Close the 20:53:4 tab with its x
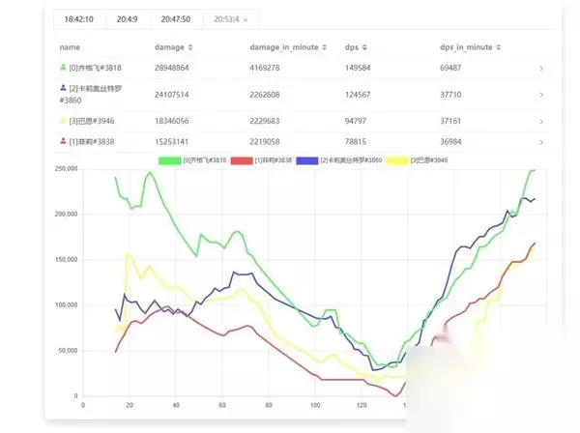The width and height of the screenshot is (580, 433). click(246, 19)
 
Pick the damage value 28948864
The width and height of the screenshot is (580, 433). click(178, 68)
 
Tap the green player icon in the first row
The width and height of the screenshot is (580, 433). click(63, 68)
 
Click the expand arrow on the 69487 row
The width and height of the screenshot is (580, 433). click(541, 69)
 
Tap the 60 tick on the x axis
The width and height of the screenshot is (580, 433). click(221, 406)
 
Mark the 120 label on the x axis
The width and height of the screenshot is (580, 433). click(362, 406)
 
